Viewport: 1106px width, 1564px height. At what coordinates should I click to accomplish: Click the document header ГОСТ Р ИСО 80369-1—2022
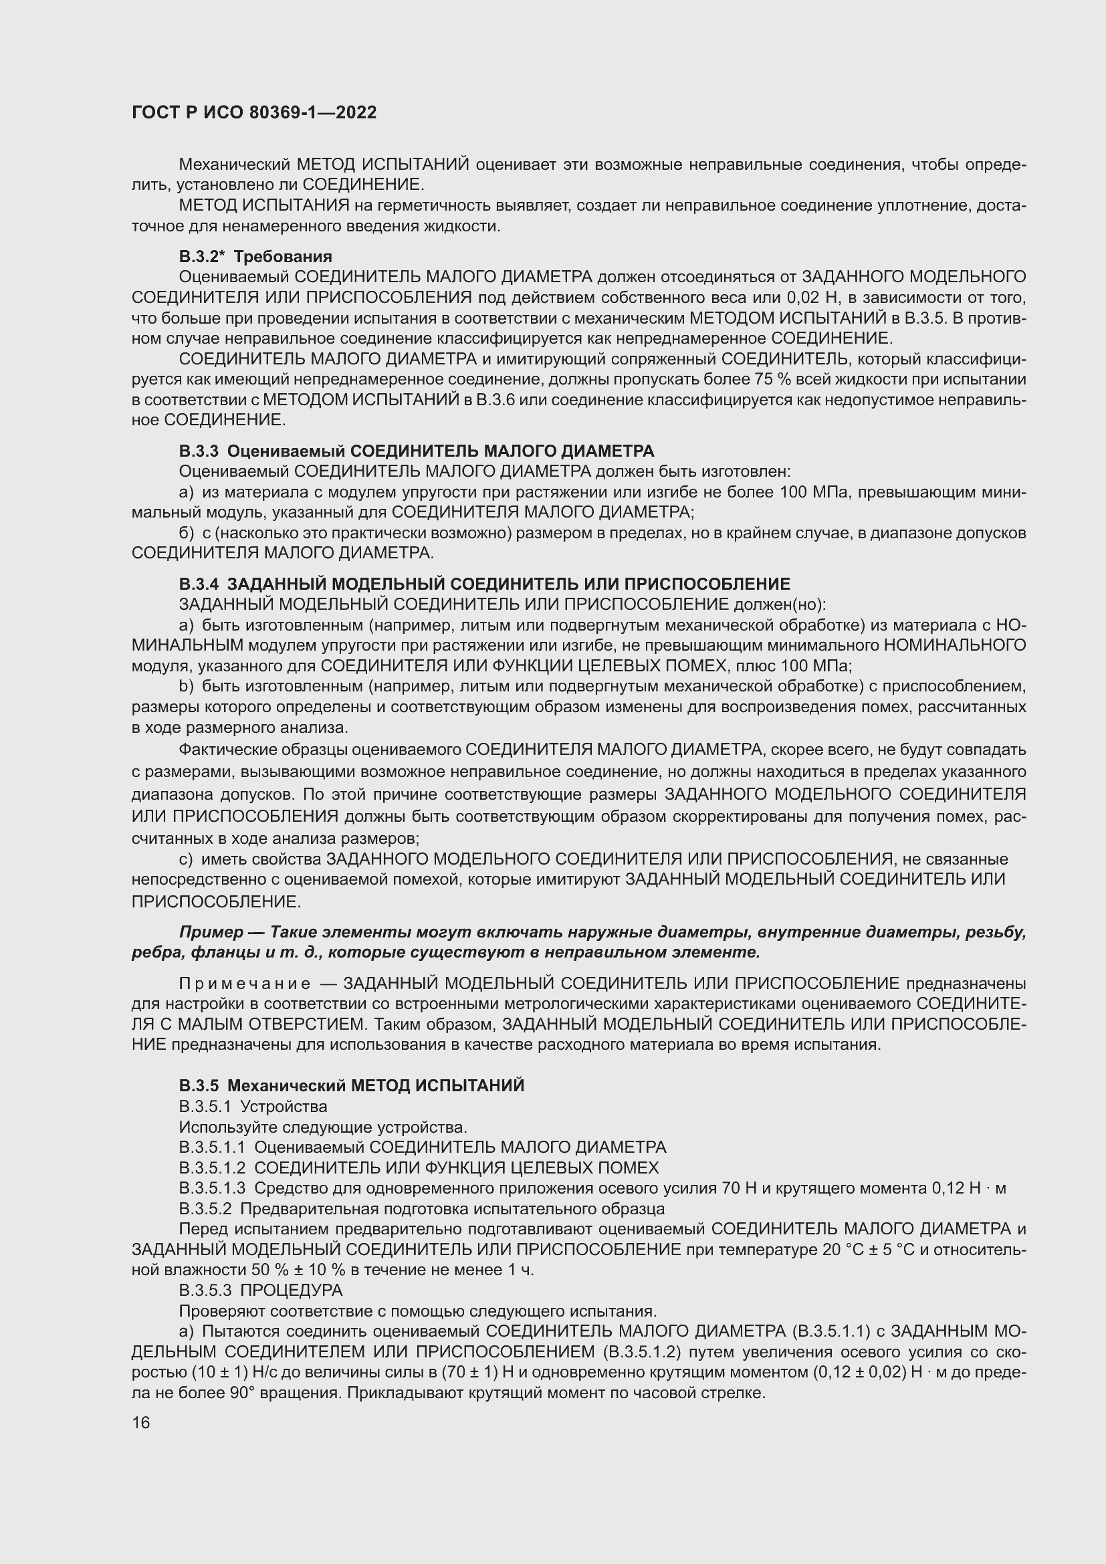click(254, 113)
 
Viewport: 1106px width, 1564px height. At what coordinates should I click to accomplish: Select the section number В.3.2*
click(201, 257)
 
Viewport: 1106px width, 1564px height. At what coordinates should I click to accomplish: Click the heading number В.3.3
click(199, 451)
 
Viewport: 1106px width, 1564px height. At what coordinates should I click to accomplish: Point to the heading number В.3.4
click(199, 584)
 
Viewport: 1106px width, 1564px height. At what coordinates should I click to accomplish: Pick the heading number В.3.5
click(199, 1086)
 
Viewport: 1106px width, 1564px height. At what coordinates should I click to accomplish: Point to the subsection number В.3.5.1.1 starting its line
click(212, 1147)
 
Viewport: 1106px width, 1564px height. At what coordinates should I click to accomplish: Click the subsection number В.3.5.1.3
click(212, 1188)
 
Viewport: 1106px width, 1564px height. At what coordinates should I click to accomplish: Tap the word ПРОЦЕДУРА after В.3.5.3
click(292, 1290)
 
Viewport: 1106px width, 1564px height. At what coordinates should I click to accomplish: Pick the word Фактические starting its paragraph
click(228, 750)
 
